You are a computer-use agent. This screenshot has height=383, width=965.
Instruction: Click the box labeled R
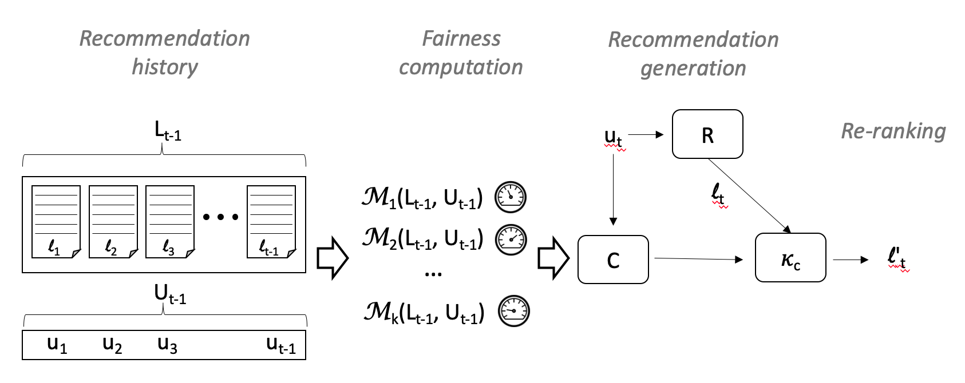pos(707,134)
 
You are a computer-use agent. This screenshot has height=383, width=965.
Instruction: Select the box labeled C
pos(613,260)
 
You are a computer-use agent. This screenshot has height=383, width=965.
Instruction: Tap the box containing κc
pos(790,258)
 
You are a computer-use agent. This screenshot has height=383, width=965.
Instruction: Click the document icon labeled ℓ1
pos(56,221)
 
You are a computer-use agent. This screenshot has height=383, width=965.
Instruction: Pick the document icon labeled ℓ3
pos(170,221)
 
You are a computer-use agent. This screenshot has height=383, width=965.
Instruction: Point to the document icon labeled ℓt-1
pos(271,221)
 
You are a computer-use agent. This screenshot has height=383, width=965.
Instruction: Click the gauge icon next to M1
pos(511,197)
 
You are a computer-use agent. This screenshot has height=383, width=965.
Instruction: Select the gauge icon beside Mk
pos(513,312)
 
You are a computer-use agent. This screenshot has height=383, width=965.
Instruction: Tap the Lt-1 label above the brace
pos(168,131)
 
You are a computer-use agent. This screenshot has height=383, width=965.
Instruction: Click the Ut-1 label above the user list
pos(169,294)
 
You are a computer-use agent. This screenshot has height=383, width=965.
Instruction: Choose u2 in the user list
pos(112,345)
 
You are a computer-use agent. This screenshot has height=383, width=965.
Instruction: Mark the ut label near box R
pos(613,137)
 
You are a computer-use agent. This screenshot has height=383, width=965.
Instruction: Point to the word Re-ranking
pos(893,131)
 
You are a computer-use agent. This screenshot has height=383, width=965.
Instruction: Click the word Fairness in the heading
pos(461,38)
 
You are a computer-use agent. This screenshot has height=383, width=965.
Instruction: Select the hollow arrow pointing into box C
pos(553,258)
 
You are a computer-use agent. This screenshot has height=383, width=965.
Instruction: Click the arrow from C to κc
pos(698,259)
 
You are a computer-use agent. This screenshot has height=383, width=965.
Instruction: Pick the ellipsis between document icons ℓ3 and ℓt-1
pos(220,217)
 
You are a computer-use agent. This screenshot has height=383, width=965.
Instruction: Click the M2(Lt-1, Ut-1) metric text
pos(422,238)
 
